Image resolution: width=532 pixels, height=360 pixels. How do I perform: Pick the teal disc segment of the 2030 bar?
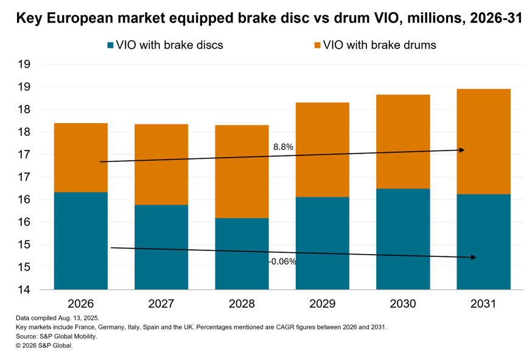click(403, 239)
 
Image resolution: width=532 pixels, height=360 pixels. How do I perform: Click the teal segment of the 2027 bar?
click(161, 247)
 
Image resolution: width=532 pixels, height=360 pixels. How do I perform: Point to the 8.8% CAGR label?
click(284, 147)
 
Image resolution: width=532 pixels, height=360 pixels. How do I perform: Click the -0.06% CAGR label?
click(282, 261)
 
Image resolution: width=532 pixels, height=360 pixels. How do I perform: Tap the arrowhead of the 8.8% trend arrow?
click(462, 150)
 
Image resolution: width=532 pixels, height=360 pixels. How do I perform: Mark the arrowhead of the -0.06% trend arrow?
click(473, 258)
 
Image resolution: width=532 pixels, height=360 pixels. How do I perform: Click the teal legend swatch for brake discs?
click(111, 45)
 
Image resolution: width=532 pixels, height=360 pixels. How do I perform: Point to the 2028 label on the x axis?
click(242, 303)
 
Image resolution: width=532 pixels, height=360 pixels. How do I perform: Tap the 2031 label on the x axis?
click(483, 303)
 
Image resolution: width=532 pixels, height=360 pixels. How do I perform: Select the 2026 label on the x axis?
click(80, 303)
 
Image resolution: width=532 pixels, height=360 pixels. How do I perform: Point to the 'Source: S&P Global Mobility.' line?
click(57, 336)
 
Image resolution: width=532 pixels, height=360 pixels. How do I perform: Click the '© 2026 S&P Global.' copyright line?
click(43, 345)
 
